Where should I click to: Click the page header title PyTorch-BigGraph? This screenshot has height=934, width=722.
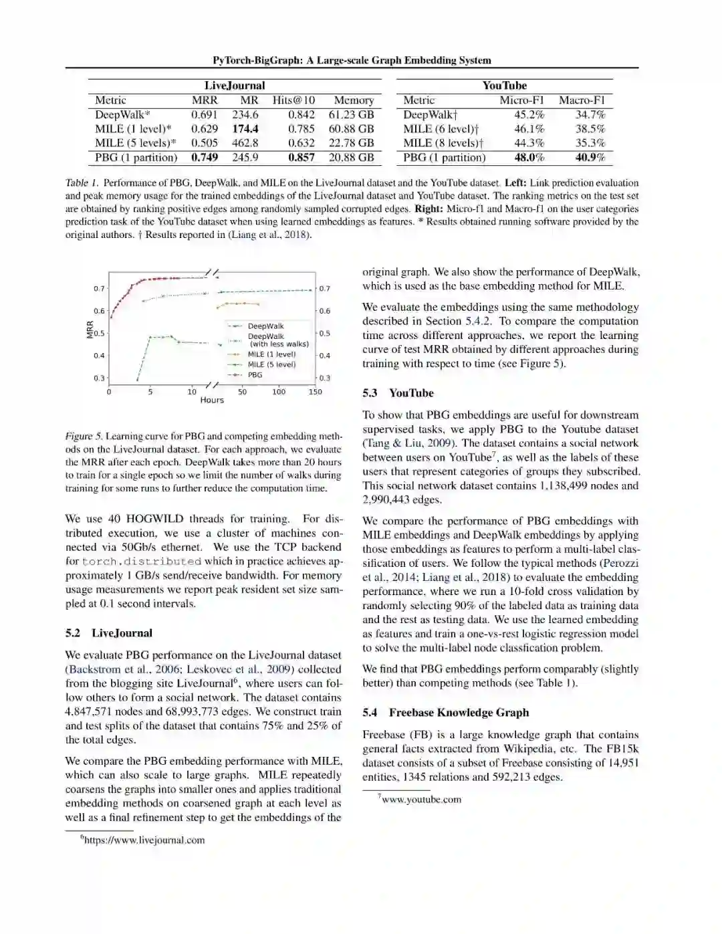coord(352,60)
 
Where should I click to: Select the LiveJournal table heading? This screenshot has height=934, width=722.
coord(235,86)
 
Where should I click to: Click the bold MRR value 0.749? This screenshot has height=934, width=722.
coord(205,158)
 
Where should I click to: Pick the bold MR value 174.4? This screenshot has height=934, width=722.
coord(245,129)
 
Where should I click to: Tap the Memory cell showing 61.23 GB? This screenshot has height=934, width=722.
coord(351,115)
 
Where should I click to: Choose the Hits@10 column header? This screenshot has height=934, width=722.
coord(293,100)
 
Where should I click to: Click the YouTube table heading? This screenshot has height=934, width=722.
coord(505,86)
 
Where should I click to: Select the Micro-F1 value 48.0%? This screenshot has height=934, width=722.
coord(529,158)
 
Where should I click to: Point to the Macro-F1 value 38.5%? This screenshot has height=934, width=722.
coord(590,129)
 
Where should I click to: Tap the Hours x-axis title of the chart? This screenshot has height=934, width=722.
coord(212,400)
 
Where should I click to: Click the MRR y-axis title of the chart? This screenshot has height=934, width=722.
coord(90,329)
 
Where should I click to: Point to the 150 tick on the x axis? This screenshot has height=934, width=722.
coord(315,392)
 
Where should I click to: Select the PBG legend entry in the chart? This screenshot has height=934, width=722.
coord(255,375)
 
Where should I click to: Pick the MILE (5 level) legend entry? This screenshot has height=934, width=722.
coord(271,364)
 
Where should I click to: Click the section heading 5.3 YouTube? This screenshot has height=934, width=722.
coord(398,393)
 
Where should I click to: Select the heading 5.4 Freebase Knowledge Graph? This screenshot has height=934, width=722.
coord(445,713)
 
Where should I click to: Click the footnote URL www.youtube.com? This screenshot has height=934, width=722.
coord(421,800)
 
